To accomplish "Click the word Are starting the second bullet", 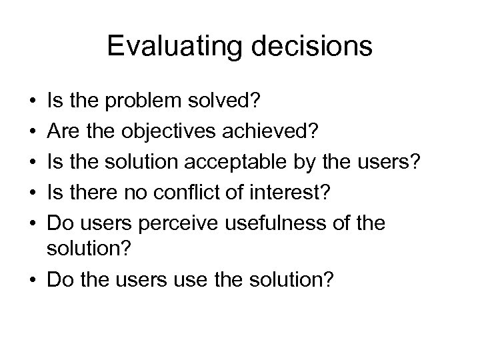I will point(61,131).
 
